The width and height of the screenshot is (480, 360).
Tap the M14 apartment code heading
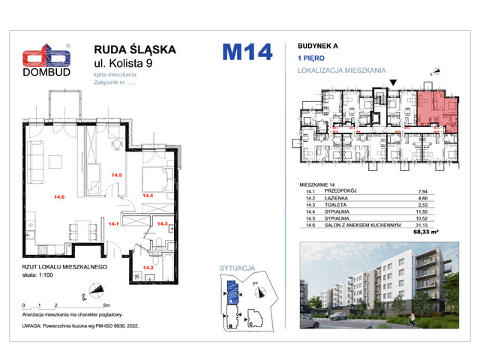(x=246, y=53)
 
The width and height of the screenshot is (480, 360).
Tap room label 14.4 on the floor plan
(x=148, y=196)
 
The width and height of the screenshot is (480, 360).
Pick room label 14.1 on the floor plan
(x=114, y=223)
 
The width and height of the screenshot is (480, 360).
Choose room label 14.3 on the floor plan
(x=161, y=223)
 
